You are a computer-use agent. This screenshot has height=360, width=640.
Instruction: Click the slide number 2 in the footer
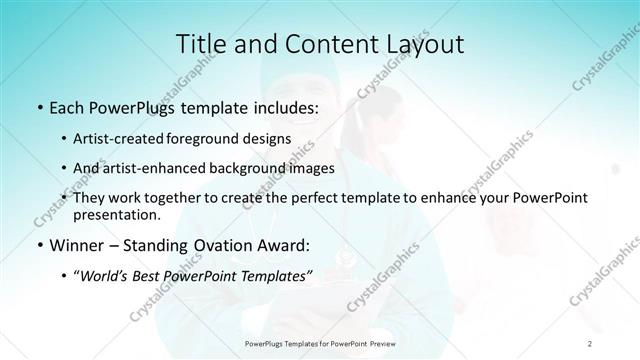point(590,343)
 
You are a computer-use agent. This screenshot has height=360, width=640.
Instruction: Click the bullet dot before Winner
point(38,246)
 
